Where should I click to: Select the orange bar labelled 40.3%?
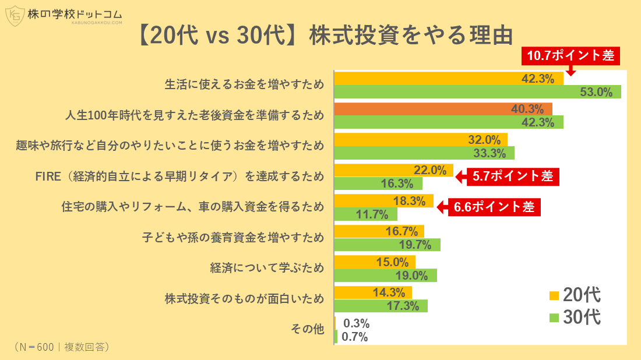[443, 109]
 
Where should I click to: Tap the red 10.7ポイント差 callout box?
[570, 56]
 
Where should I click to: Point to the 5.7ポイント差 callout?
[512, 177]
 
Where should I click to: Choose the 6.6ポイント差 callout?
[494, 207]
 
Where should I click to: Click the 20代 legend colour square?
[554, 295]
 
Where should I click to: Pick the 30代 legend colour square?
[554, 318]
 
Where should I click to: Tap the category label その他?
[307, 329]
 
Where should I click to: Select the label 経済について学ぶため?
[267, 268]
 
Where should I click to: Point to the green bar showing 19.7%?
[387, 245]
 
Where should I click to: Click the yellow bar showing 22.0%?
[393, 170]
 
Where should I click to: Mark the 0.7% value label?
[354, 337]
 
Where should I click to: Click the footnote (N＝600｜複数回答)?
[61, 347]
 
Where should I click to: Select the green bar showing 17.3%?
[381, 306]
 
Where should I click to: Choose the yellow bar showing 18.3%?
[383, 201]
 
